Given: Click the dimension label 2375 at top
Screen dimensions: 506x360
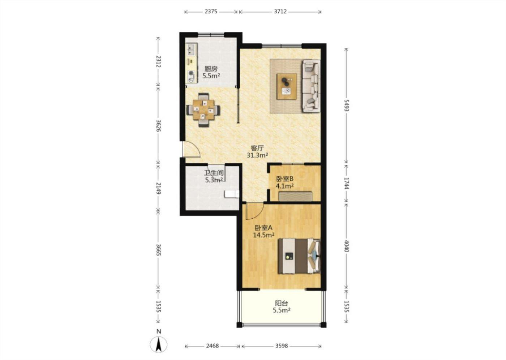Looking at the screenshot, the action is pos(211,12).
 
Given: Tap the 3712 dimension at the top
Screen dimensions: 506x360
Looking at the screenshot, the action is pos(280,12).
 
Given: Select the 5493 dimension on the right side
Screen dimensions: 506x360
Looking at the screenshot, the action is pos(347,105).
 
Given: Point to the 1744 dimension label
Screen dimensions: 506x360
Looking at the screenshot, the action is pos(347,183).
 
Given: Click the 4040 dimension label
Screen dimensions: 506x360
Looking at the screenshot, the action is pos(347,246).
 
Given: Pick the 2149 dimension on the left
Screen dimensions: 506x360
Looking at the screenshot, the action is pos(159,188).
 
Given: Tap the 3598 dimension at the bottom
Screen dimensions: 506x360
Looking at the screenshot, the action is pos(281,346).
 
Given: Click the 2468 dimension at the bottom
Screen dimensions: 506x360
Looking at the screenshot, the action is pos(213,346).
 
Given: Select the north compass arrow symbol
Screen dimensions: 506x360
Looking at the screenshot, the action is pos(159,344).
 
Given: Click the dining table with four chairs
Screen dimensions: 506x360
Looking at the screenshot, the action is pos(203,110).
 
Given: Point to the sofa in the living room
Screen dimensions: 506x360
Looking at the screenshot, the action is pos(311,86).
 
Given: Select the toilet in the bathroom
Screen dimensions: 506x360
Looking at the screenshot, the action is pos(232,194).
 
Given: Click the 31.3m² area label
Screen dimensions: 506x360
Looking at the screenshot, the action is pos(257,155).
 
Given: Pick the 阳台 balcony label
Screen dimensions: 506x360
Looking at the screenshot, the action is pos(281,303).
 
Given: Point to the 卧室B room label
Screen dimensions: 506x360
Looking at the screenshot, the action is pos(285,179).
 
